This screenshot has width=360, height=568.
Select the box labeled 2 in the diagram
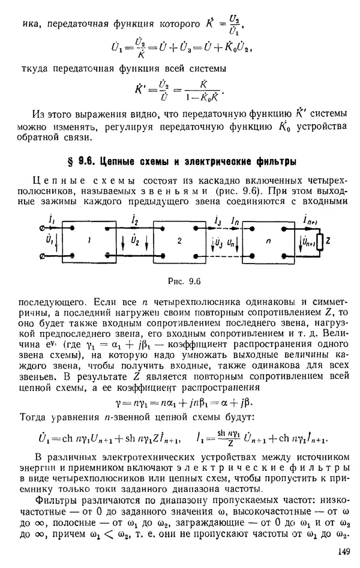click(x=179, y=241)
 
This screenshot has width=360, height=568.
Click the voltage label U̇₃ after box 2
click(x=220, y=243)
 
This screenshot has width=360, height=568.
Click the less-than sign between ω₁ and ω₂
click(x=218, y=536)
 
